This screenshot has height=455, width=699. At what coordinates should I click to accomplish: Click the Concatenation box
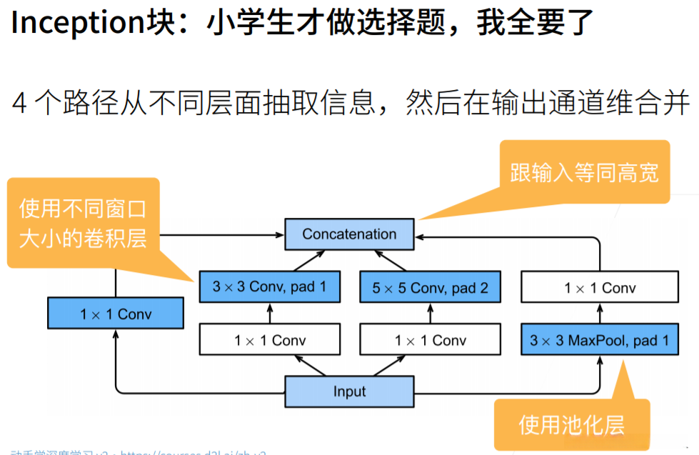(x=349, y=234)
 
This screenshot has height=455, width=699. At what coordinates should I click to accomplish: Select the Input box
(x=349, y=391)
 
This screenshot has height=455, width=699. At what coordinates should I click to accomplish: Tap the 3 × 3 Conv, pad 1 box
(x=269, y=287)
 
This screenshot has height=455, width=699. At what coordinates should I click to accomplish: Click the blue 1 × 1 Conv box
(x=116, y=314)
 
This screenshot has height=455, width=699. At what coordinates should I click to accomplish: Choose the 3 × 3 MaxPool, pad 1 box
(x=599, y=340)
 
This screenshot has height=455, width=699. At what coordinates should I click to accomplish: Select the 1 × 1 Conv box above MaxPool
(x=599, y=288)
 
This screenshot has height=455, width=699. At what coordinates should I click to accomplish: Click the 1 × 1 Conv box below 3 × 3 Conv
(x=269, y=340)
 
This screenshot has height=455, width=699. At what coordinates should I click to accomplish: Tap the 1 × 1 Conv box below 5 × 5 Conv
(x=430, y=340)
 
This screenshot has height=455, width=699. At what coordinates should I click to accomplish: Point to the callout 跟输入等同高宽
(x=584, y=172)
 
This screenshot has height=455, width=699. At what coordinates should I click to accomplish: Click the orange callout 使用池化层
(x=571, y=425)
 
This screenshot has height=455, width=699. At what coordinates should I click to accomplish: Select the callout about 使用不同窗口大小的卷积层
(x=83, y=223)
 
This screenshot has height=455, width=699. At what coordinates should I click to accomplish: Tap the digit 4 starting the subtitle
(x=20, y=103)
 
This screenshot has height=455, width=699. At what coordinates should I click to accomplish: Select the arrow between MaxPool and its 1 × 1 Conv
(x=599, y=314)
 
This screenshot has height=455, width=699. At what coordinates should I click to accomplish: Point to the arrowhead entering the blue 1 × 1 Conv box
(x=116, y=334)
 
